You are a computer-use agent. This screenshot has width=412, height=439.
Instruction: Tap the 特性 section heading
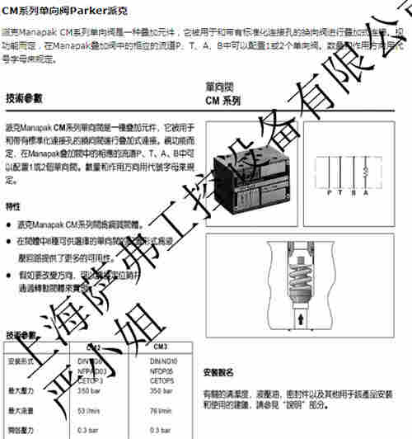coord(13,205)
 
